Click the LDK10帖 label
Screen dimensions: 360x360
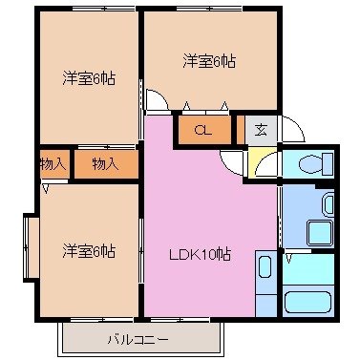[201, 254]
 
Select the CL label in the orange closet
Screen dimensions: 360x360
[202, 130]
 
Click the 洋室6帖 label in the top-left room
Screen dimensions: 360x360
[90, 78]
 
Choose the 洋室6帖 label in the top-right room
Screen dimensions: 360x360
[209, 61]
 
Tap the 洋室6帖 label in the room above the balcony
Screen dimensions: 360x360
[90, 251]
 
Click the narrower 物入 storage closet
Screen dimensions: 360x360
[53, 164]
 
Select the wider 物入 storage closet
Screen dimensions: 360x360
[105, 164]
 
